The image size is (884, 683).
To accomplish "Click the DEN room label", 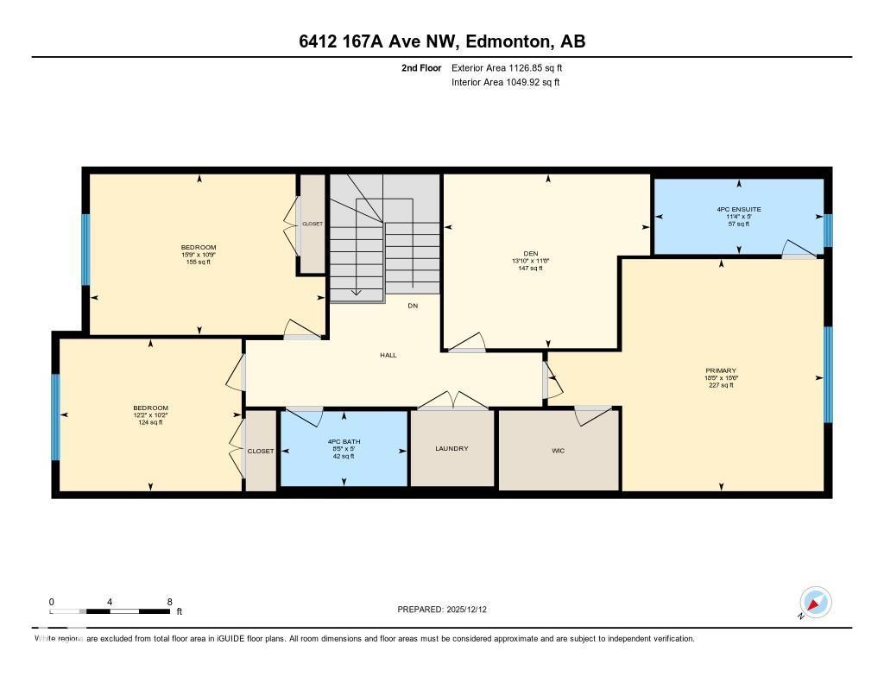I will [531, 253].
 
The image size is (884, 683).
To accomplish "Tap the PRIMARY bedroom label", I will [720, 371].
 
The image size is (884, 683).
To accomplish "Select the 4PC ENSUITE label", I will [738, 209].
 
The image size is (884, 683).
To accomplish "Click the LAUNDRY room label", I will [451, 448].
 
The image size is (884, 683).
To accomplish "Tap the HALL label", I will [388, 355].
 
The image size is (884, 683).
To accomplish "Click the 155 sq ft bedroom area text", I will [199, 262].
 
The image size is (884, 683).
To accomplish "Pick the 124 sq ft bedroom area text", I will [150, 422].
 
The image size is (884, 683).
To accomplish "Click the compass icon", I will [815, 602].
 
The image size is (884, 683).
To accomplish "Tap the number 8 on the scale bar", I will [169, 602].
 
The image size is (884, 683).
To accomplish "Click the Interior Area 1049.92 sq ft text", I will [505, 83].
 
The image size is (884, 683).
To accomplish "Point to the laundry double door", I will [451, 401].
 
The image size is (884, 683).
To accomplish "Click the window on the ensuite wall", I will [827, 230].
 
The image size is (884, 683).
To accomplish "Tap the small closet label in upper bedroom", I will [312, 224].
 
